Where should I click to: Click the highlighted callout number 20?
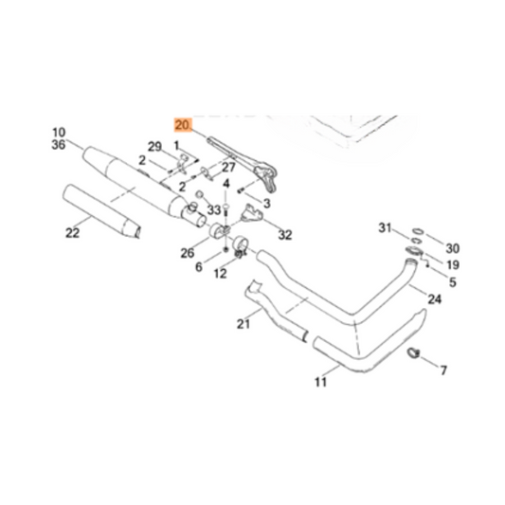point(183,124)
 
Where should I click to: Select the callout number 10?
point(58,132)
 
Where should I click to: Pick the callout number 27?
point(227,168)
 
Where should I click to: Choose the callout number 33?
point(214,209)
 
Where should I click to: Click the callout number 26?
point(188,253)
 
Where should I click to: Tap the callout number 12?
point(220,274)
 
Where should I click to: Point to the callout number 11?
point(319,383)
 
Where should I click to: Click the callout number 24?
point(435,299)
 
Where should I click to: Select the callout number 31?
point(385,228)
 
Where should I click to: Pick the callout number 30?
point(453,248)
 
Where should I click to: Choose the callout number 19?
point(453,265)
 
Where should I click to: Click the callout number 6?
point(199,267)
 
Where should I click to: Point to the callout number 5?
point(453,281)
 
